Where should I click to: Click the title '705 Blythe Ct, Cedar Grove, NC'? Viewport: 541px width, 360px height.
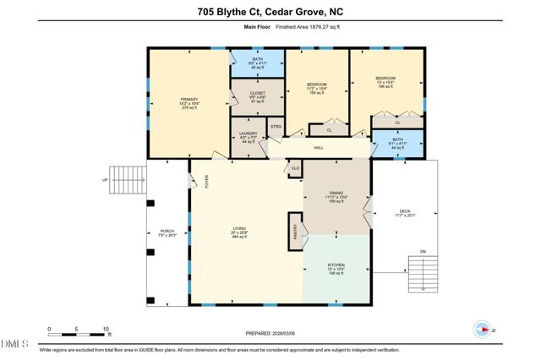(270, 11)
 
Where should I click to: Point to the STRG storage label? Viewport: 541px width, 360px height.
(275, 128)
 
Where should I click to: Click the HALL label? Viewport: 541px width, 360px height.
(319, 148)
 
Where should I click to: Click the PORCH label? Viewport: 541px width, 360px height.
(167, 232)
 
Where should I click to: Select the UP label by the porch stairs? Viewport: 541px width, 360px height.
(105, 179)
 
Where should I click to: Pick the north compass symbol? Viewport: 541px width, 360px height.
(485, 330)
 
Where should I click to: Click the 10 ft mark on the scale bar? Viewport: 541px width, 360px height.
(106, 329)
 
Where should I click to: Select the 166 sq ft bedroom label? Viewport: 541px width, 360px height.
(385, 82)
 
